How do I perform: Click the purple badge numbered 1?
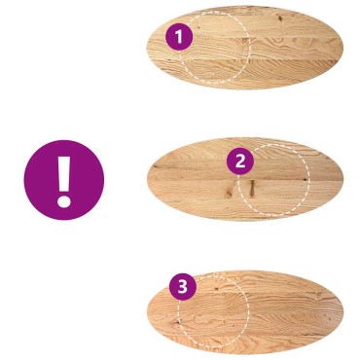(179, 37)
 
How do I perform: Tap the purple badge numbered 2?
(240, 161)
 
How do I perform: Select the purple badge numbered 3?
(183, 287)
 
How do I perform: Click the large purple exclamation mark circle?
(64, 180)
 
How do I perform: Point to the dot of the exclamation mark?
(64, 201)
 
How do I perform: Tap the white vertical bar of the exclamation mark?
(64, 174)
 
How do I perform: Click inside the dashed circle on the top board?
(215, 48)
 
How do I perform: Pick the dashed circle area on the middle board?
(273, 180)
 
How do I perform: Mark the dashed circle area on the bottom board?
(213, 312)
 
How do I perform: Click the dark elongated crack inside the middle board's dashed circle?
(252, 188)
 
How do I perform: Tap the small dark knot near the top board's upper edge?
(279, 18)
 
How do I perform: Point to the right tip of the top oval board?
(342, 49)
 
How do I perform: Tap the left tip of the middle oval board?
(147, 179)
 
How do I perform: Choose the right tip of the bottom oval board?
(343, 312)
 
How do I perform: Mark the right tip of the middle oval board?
(343, 179)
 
